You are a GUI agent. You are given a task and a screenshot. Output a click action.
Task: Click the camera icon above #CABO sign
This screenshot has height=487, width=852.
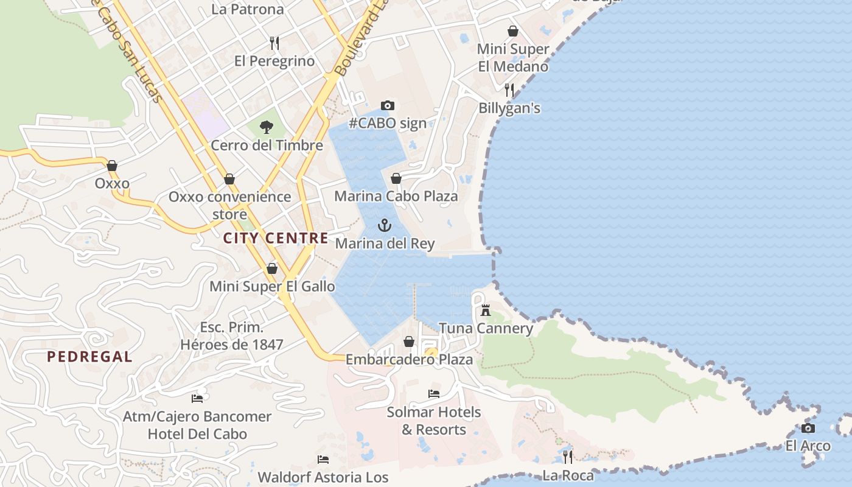(388, 106)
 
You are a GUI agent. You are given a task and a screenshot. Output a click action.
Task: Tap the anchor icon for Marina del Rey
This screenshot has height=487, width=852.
(384, 226)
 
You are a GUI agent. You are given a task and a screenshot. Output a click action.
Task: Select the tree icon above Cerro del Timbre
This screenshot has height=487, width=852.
(266, 127)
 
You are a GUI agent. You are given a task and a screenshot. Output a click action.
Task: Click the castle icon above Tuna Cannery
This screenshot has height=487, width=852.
(486, 310)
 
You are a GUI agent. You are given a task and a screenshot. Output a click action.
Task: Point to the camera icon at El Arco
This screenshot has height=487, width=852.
(808, 428)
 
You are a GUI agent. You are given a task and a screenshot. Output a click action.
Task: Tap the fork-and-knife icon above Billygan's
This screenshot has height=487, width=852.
(509, 90)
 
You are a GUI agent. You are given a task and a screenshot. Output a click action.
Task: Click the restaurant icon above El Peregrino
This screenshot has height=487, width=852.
(274, 43)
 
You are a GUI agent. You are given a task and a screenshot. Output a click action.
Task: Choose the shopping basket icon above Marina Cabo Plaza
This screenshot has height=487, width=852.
(396, 178)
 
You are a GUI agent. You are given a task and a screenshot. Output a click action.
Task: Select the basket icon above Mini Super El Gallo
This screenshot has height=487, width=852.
(272, 268)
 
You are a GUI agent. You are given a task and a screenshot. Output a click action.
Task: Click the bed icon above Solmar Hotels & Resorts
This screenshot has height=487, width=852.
(434, 394)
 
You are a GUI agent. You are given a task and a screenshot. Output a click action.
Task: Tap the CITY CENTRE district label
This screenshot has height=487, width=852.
(276, 238)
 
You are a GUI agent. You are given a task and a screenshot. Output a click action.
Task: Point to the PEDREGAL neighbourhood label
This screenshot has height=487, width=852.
(89, 357)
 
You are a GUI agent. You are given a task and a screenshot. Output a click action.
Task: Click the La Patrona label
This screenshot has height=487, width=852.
(248, 9)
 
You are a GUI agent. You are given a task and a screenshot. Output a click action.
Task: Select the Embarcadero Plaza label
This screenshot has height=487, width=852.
(409, 360)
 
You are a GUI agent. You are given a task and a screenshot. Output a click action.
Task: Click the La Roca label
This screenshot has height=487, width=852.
(568, 475)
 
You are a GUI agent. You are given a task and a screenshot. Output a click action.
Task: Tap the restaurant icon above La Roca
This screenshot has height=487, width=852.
(568, 457)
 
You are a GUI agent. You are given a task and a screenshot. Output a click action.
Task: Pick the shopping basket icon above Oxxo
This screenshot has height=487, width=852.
(112, 166)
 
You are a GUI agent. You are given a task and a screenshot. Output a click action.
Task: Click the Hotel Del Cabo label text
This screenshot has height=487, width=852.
(197, 434)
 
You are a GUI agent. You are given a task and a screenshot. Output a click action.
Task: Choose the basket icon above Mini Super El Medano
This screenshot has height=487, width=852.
(513, 31)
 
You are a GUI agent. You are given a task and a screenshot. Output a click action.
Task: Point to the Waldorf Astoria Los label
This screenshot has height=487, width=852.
(323, 477)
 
